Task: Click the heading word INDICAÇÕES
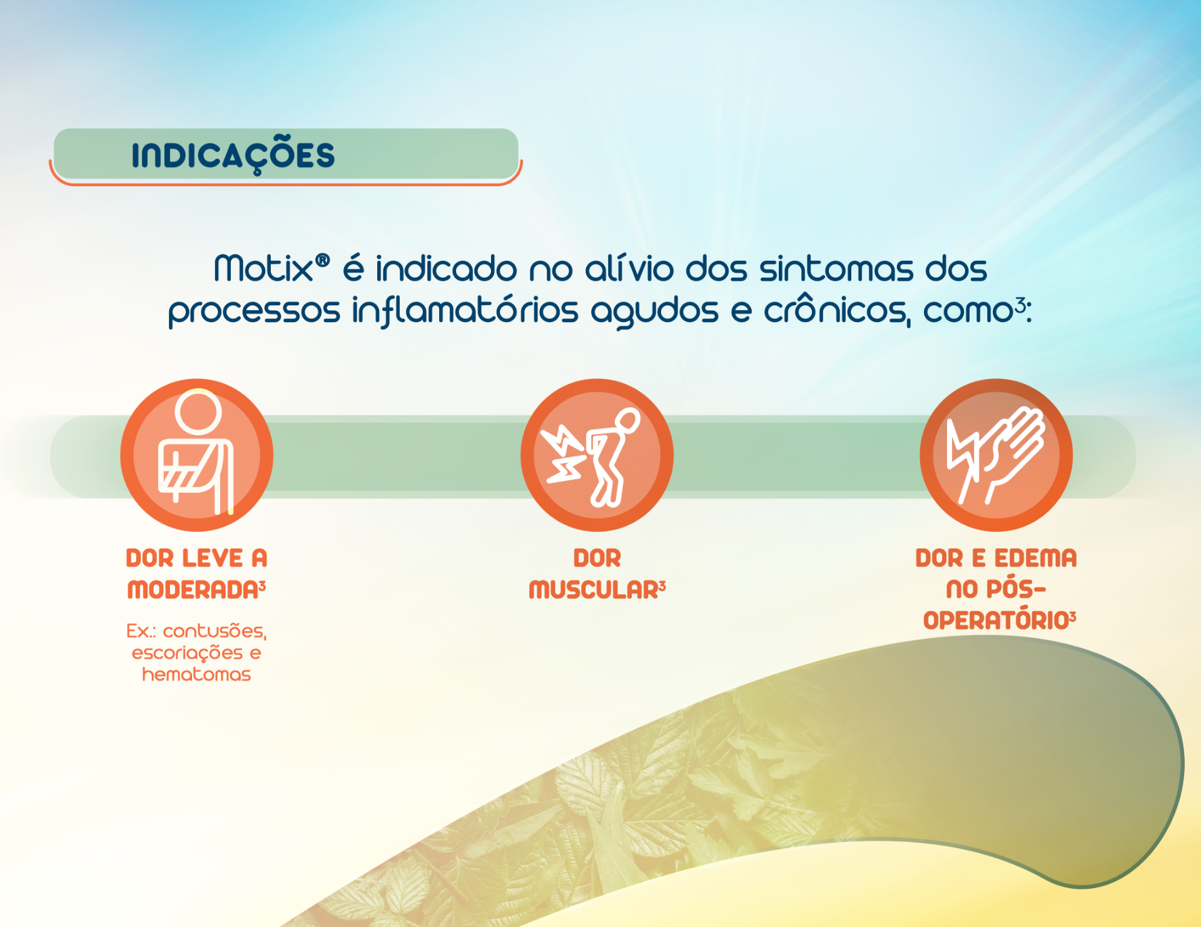[233, 154]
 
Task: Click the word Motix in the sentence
[263, 268]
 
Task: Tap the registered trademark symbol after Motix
[322, 260]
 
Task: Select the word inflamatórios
[465, 311]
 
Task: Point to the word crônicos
[837, 310]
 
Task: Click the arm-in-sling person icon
[197, 455]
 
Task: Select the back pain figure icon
[597, 455]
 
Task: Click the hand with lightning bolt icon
[996, 455]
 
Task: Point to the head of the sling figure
[198, 412]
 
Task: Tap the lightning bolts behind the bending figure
[564, 454]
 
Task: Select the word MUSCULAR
[594, 590]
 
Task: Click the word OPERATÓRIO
[996, 621]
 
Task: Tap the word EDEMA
[1036, 558]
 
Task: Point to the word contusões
[215, 631]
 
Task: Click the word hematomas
[196, 674]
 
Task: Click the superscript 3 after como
[1020, 305]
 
